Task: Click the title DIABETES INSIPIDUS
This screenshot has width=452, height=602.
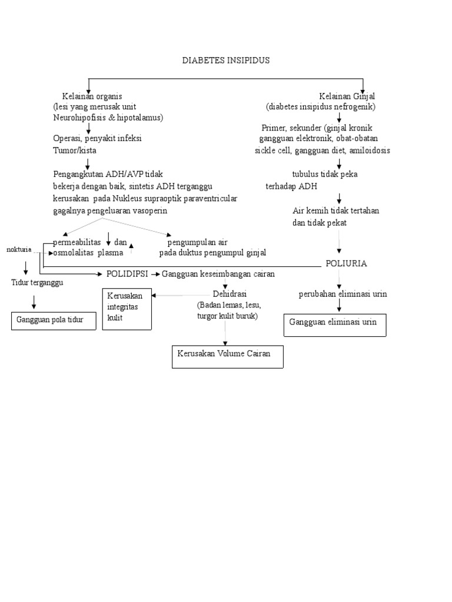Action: [x=226, y=61]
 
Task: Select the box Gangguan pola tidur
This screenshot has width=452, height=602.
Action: [x=54, y=320]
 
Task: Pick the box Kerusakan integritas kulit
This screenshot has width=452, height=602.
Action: [x=127, y=309]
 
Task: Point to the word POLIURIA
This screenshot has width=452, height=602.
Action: [x=346, y=263]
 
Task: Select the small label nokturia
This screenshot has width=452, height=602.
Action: [x=19, y=249]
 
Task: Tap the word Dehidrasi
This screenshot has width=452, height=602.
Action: [x=230, y=294]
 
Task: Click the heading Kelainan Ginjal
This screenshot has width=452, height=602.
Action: [x=347, y=96]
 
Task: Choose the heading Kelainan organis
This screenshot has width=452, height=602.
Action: [x=92, y=96]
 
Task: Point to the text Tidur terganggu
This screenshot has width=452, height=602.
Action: [x=37, y=283]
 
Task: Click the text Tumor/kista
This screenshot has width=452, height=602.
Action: [x=75, y=150]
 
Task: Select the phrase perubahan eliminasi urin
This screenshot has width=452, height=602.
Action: [x=343, y=294]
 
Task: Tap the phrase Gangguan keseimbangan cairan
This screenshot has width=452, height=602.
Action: [x=218, y=274]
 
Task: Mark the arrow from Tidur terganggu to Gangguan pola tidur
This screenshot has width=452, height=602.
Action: [x=34, y=302]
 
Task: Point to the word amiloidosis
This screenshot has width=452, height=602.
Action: [x=369, y=150]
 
